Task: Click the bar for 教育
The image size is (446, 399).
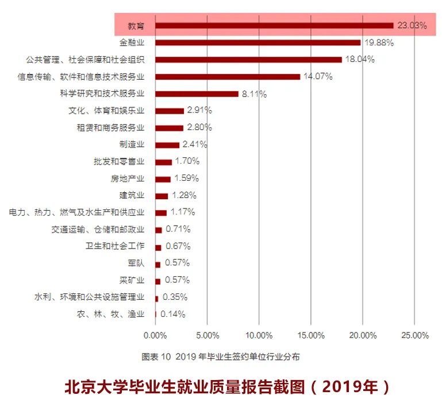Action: tap(274, 25)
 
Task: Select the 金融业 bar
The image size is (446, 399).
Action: tap(258, 42)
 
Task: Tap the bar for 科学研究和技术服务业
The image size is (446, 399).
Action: tap(197, 94)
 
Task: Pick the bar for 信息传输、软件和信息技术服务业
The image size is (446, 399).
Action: tap(228, 76)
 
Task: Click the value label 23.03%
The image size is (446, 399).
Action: tap(412, 25)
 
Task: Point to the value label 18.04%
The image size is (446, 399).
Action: tap(360, 59)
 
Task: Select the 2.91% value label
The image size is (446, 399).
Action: tap(199, 110)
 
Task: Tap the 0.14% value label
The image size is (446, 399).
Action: tap(173, 314)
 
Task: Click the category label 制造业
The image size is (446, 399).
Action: tap(132, 144)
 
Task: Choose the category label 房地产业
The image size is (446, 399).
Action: tap(128, 179)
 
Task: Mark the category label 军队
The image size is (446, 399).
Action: tap(136, 263)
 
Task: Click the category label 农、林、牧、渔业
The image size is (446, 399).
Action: tap(110, 314)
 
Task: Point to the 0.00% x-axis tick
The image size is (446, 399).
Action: tap(155, 335)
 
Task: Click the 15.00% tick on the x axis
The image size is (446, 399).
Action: tap(310, 335)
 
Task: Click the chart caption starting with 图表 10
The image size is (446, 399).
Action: tap(221, 357)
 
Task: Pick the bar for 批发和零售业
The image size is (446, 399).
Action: tap(163, 162)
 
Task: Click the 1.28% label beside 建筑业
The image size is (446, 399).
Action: tap(184, 195)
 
